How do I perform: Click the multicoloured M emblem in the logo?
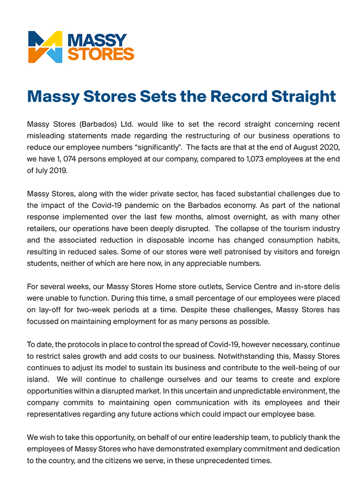(x=45, y=47)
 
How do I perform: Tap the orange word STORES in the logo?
(x=101, y=54)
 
